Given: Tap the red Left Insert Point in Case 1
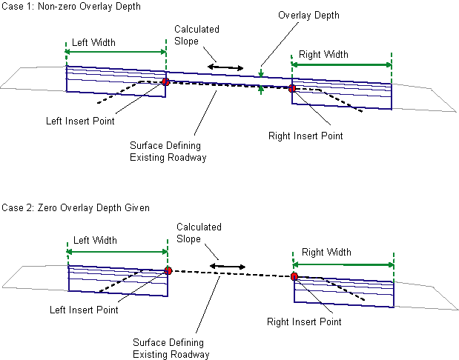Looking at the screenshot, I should tap(165, 81).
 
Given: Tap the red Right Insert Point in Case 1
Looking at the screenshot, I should tap(292, 89).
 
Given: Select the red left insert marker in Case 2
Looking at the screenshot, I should tap(168, 271).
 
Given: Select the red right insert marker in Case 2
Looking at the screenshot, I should tap(294, 276).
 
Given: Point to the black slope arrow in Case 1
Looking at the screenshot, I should tap(225, 67).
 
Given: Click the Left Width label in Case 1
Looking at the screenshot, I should tap(94, 42).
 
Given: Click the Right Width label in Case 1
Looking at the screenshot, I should tap(323, 54).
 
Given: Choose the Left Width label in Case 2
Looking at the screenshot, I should tap(95, 241).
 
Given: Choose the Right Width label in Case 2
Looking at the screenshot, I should tap(327, 253).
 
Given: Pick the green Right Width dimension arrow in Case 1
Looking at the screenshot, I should tap(341, 65).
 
